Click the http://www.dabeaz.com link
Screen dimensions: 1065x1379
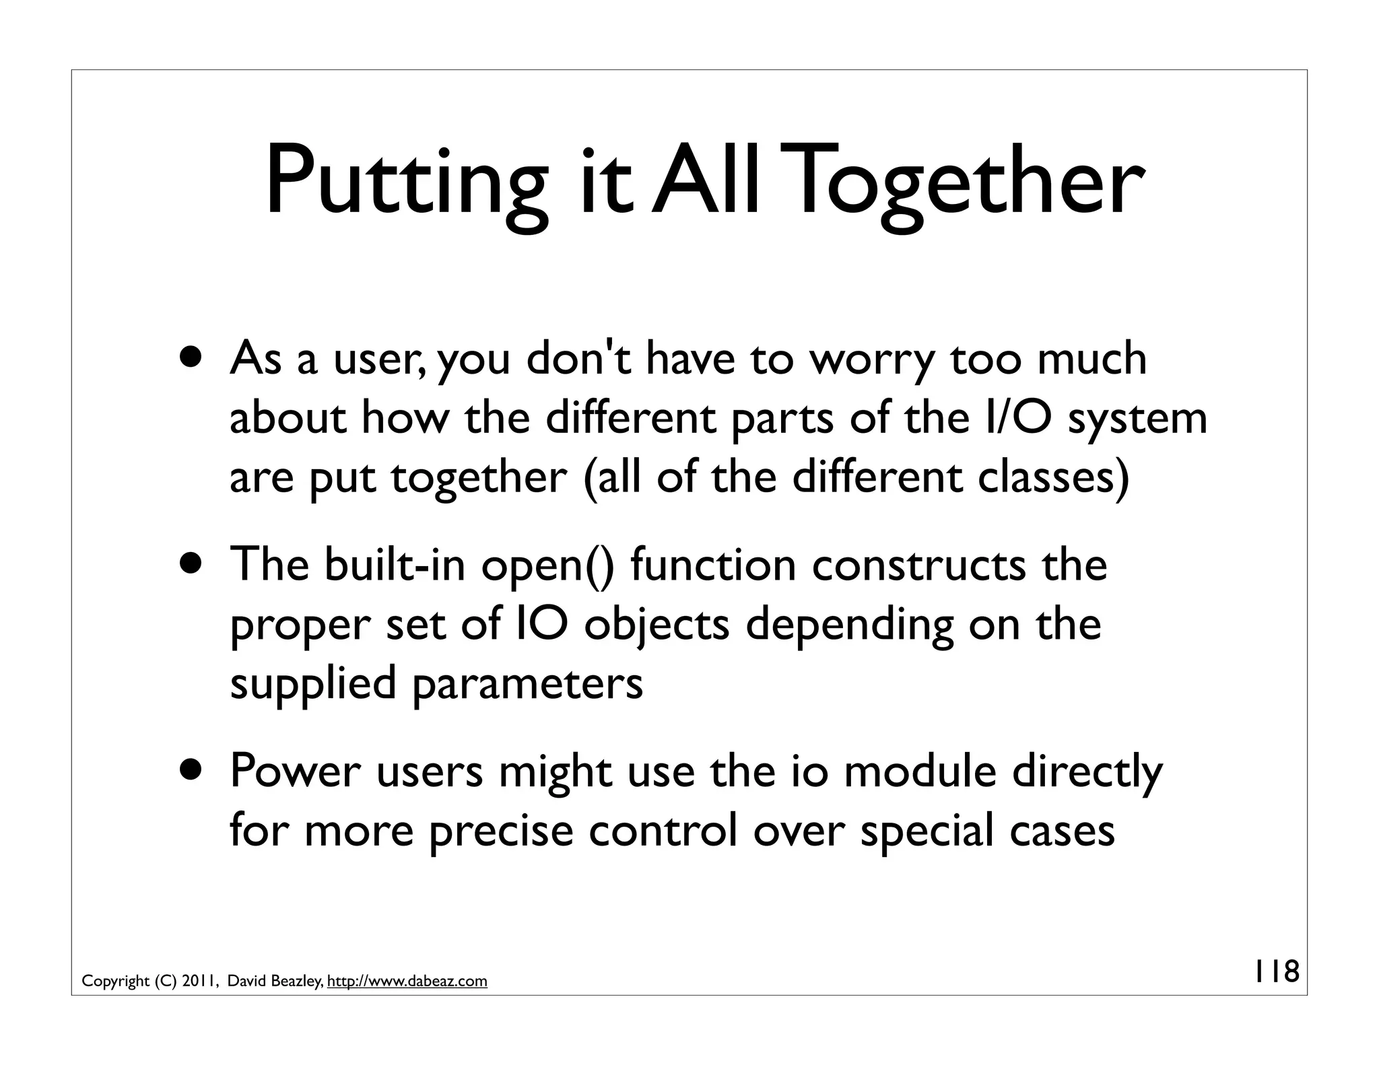[x=407, y=982]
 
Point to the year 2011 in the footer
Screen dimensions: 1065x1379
[x=199, y=982]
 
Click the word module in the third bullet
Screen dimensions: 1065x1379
[x=920, y=771]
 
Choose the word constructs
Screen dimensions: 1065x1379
[x=918, y=565]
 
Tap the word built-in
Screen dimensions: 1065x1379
[x=395, y=565]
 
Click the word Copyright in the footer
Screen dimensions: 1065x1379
[x=115, y=982]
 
